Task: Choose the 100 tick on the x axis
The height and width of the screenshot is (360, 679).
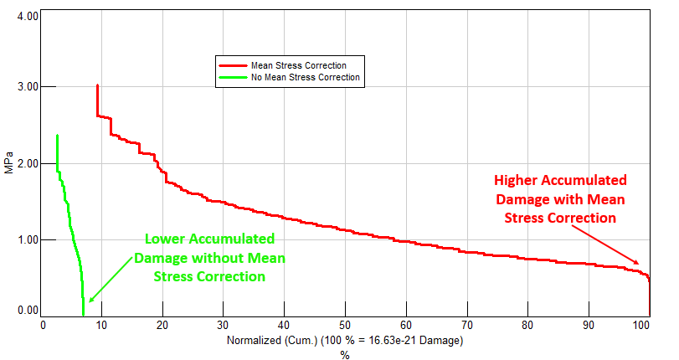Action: click(642, 326)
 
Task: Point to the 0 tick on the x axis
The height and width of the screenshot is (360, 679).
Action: click(44, 326)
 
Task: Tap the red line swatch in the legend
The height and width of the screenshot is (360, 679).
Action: click(232, 65)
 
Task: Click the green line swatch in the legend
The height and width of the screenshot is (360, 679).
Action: click(232, 77)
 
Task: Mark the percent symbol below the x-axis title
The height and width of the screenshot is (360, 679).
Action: click(344, 355)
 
